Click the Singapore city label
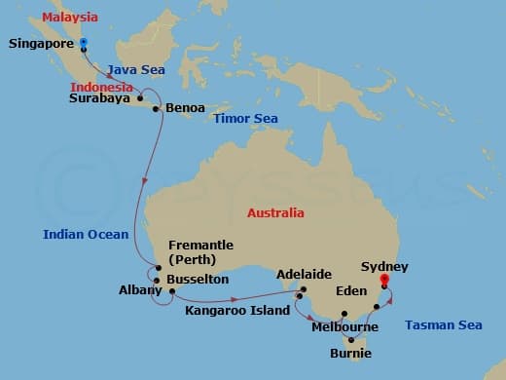(41, 44)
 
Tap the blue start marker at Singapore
(84, 42)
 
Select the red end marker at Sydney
(384, 281)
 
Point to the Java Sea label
(134, 70)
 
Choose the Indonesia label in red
(101, 87)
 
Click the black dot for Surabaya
(141, 98)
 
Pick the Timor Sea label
(245, 118)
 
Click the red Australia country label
(275, 212)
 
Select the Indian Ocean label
(86, 234)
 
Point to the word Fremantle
(200, 245)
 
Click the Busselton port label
(199, 279)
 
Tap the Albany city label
(133, 290)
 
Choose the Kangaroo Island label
(237, 310)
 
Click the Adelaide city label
(305, 275)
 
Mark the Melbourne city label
(344, 327)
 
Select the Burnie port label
(350, 353)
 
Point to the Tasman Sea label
(443, 324)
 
